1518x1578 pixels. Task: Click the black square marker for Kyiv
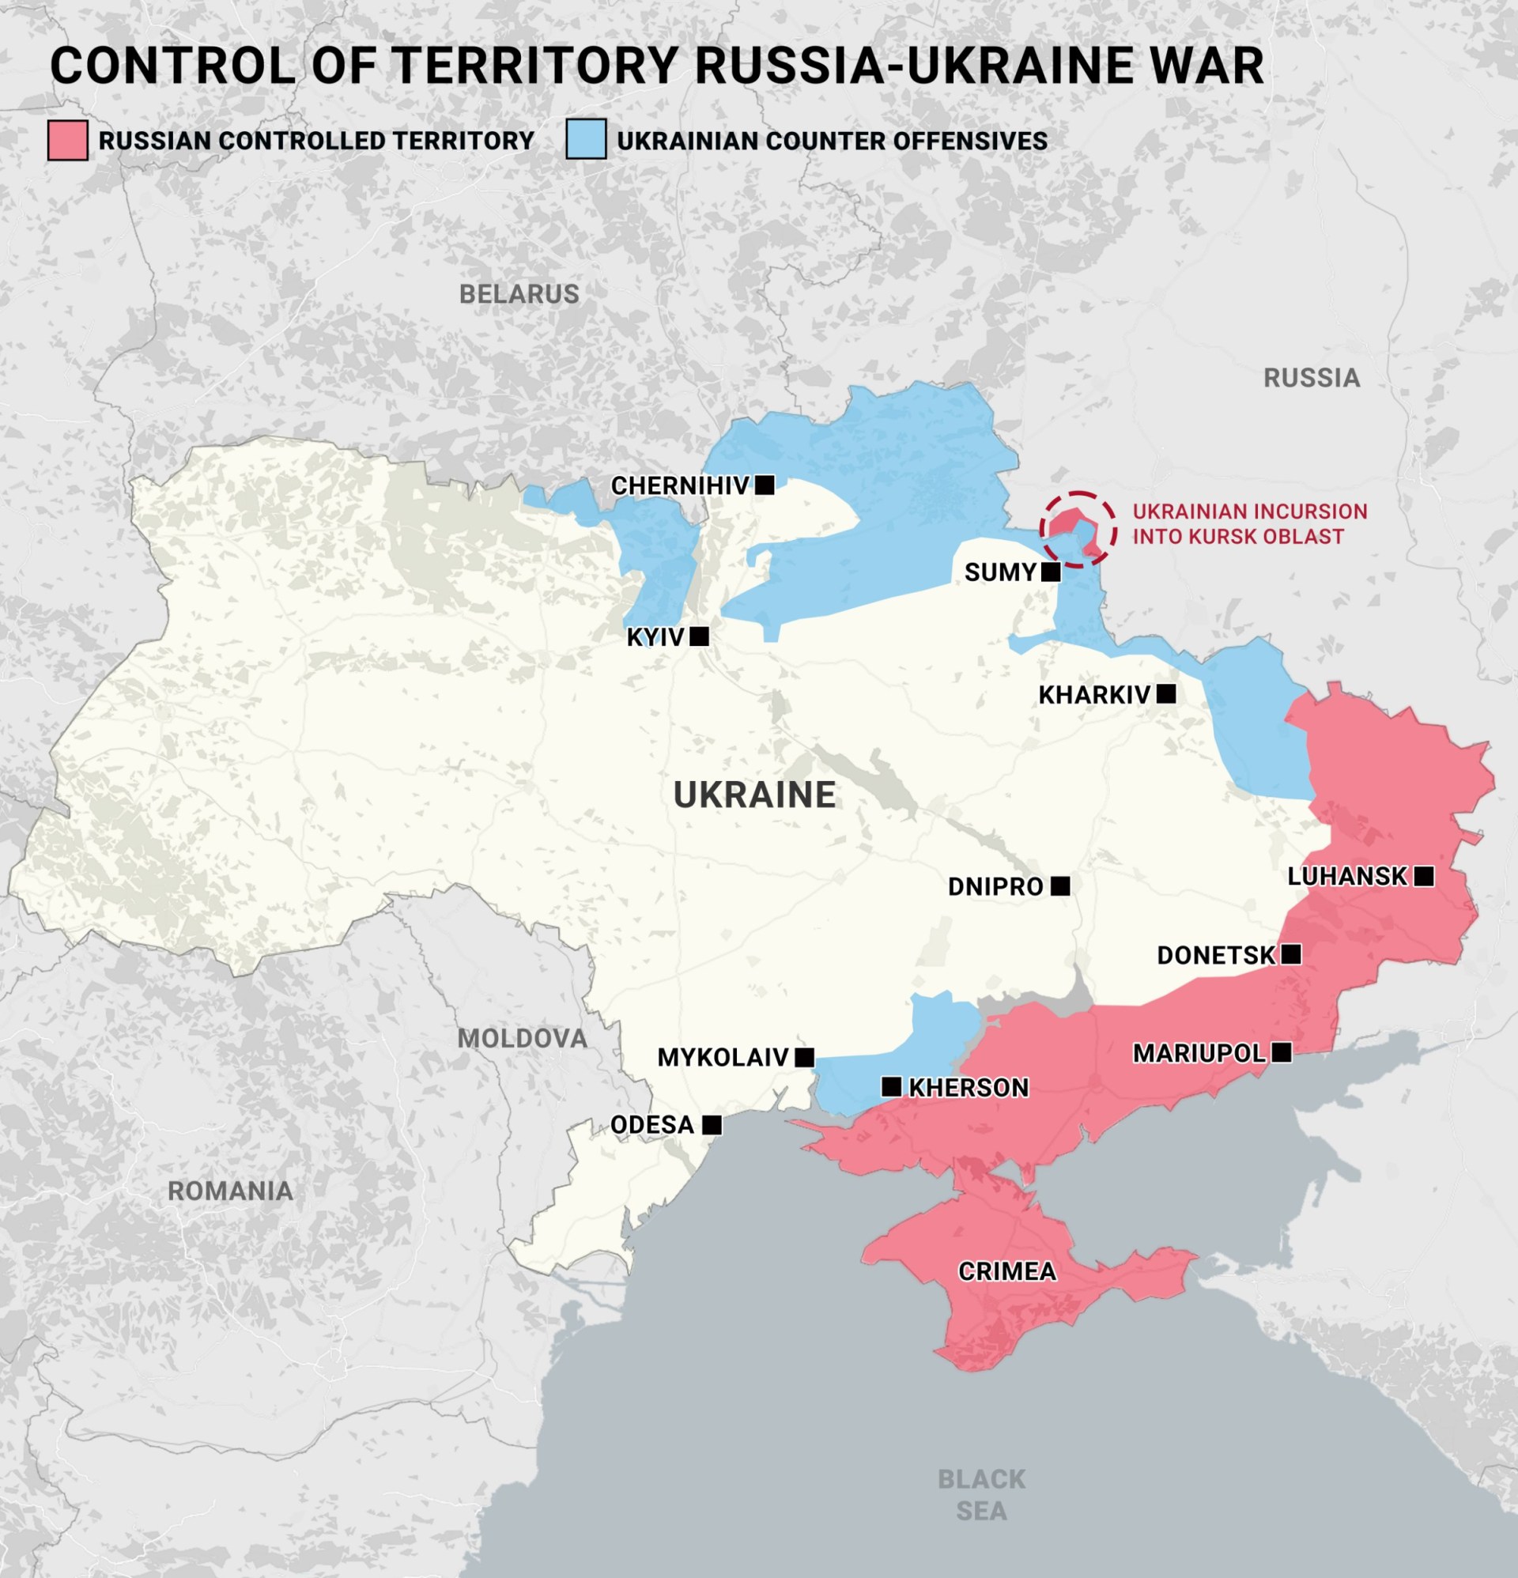(x=699, y=637)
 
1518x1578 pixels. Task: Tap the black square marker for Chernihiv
(x=765, y=485)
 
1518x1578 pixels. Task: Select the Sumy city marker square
(x=1050, y=572)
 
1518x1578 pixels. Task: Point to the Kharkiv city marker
(x=1165, y=694)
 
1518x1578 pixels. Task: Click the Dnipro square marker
(x=1059, y=886)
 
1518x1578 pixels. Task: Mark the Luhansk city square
(x=1423, y=876)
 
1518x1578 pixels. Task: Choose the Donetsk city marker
(x=1290, y=955)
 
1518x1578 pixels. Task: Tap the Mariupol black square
(x=1282, y=1052)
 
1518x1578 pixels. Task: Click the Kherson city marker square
(x=891, y=1087)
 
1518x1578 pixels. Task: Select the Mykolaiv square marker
(x=804, y=1057)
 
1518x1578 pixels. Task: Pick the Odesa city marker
(x=711, y=1125)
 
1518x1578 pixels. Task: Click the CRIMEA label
(x=1006, y=1271)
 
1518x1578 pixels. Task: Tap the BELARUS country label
(x=519, y=294)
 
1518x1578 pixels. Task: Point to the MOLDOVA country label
(x=522, y=1039)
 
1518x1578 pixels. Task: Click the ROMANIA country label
(x=230, y=1191)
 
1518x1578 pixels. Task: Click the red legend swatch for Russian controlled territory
(x=68, y=140)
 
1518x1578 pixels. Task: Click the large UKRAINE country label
(x=754, y=795)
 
